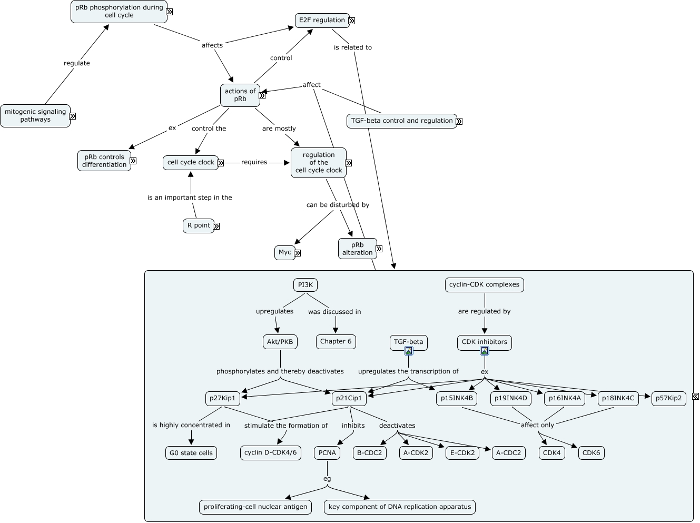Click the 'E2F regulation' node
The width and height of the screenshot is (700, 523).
pos(322,21)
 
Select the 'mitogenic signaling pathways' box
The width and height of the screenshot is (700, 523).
pos(35,116)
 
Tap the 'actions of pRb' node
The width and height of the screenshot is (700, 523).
pos(240,95)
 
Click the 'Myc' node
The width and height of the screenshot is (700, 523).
pos(285,253)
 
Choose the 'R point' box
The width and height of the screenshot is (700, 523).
pos(199,226)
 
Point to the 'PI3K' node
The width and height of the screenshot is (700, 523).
pos(305,285)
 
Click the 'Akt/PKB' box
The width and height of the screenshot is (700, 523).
pos(280,342)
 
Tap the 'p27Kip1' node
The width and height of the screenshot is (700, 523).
pos(223,398)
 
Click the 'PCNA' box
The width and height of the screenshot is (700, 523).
pos(327,453)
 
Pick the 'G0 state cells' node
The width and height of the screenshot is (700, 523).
pos(191,453)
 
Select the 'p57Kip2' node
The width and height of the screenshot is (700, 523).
pos(669,398)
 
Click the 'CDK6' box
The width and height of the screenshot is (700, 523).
pos(591,453)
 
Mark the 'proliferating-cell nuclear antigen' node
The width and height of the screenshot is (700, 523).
pos(255,507)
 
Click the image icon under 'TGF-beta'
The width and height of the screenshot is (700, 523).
pos(409,351)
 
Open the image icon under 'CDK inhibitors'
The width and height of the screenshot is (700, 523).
pos(485,351)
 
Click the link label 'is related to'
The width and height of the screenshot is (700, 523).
pos(353,47)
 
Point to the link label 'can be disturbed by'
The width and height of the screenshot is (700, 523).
pos(338,205)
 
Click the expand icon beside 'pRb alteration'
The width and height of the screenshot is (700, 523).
pos(379,249)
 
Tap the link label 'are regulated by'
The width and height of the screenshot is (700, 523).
pos(485,311)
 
